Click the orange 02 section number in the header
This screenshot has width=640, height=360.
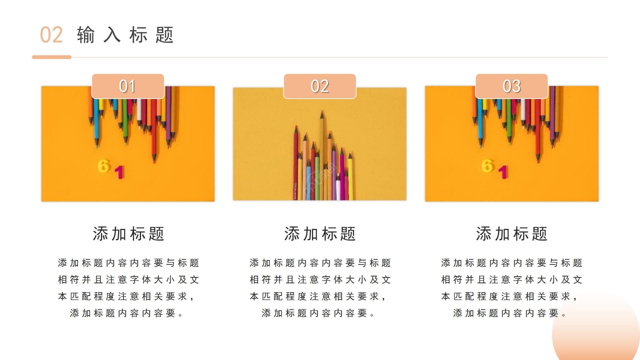coord(51,35)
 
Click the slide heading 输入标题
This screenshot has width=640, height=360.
coord(125,35)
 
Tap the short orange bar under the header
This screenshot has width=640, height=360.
coord(51,57)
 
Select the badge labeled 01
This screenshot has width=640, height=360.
coord(127,86)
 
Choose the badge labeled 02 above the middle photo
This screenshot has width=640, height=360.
coord(319,86)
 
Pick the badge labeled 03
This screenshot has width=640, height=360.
coord(511,86)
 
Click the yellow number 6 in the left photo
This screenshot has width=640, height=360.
coord(103,166)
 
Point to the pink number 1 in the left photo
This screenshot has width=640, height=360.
coord(119,172)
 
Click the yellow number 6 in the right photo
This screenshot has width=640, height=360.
coord(487,166)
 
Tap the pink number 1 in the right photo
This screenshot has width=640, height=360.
coord(503,172)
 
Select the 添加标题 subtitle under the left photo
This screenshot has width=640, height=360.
coord(128,233)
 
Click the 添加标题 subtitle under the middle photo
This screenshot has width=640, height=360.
coord(320,233)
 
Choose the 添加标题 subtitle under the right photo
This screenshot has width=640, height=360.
coord(511,233)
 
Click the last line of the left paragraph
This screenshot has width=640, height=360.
coord(128,313)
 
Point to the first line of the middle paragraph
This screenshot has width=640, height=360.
coord(320,263)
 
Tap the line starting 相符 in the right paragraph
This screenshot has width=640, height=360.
coord(511,279)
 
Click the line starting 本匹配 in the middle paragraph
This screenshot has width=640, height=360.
coord(320,296)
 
